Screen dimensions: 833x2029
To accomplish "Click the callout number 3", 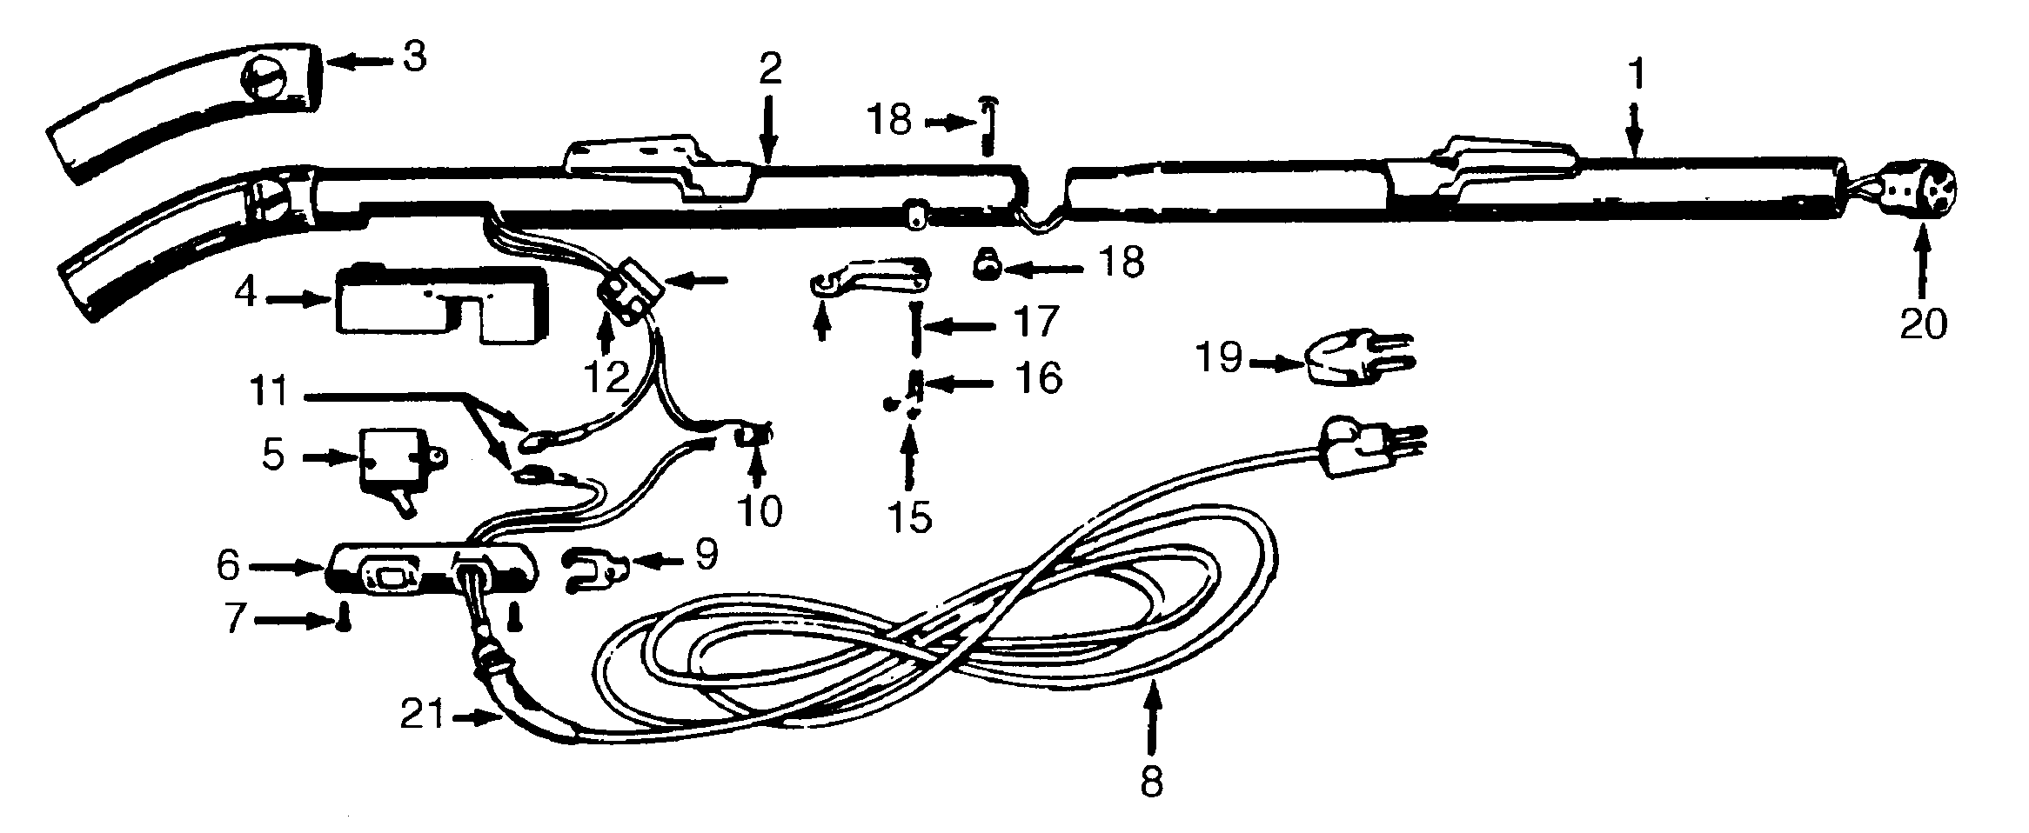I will pyautogui.click(x=413, y=57).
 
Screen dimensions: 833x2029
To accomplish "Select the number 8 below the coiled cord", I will pyautogui.click(x=1150, y=781).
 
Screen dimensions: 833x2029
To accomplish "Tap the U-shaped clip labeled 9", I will pyautogui.click(x=595, y=570).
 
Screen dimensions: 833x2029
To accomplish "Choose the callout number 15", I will pyautogui.click(x=911, y=516).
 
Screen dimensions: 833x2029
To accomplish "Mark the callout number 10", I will pyautogui.click(x=759, y=511).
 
